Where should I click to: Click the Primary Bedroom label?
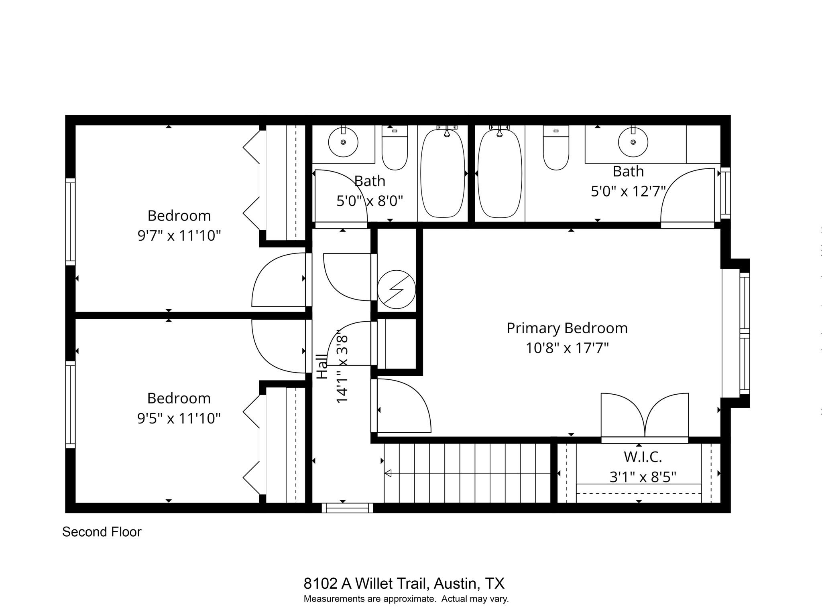click(x=567, y=328)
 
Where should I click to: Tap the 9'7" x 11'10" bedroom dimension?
click(x=179, y=235)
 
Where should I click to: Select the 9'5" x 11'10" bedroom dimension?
click(x=179, y=418)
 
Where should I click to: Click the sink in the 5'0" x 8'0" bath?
click(x=343, y=142)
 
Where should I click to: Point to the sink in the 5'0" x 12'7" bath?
click(x=633, y=142)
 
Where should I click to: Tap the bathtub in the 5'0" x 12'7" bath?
click(x=499, y=173)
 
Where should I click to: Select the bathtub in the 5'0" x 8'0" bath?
click(x=443, y=173)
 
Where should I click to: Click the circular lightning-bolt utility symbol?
click(x=396, y=289)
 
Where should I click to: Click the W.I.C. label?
click(x=643, y=456)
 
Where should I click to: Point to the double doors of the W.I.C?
click(x=645, y=417)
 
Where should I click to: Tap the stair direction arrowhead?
click(x=388, y=473)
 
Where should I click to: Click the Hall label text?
click(x=322, y=366)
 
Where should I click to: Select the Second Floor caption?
click(x=102, y=532)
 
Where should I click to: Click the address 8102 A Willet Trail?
click(x=404, y=583)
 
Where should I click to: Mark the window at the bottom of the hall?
click(x=347, y=508)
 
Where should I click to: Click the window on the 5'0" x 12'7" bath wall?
click(x=725, y=193)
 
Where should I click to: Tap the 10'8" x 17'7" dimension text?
click(x=567, y=348)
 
